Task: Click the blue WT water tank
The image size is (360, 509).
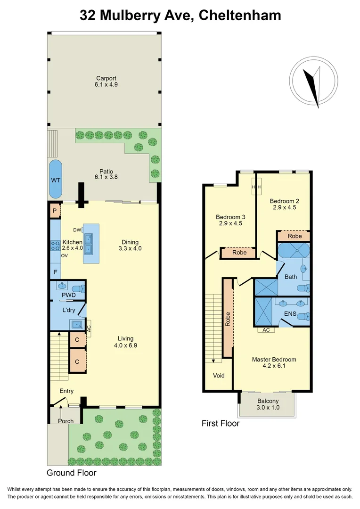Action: click(x=56, y=180)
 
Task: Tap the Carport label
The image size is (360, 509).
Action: click(x=106, y=78)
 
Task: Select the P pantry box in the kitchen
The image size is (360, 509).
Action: click(x=55, y=211)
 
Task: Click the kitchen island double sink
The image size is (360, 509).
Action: click(x=91, y=244)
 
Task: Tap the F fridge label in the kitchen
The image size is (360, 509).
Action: click(x=55, y=272)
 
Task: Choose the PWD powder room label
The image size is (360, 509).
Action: click(x=69, y=295)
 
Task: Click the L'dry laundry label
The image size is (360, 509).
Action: click(x=69, y=310)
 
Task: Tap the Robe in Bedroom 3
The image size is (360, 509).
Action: click(x=240, y=253)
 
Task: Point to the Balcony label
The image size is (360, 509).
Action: click(x=268, y=401)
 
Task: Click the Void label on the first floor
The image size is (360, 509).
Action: click(x=219, y=376)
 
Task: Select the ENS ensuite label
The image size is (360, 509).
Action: click(x=289, y=313)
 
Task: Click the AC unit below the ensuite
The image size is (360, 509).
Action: click(x=266, y=330)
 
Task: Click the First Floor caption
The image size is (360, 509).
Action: click(x=221, y=423)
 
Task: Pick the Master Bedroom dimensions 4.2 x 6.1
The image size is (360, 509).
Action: click(x=274, y=366)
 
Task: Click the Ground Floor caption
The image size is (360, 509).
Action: click(x=72, y=472)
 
